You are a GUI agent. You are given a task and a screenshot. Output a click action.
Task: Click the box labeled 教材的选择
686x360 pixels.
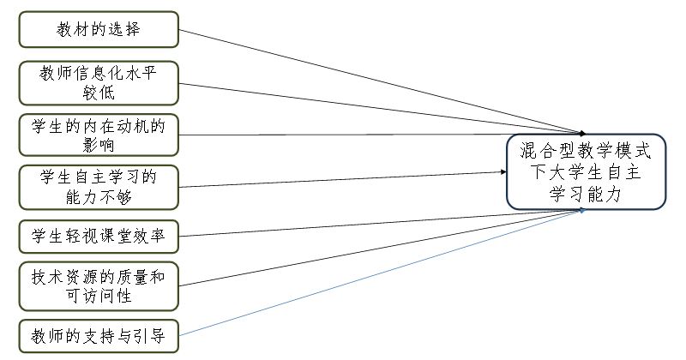[x=99, y=29]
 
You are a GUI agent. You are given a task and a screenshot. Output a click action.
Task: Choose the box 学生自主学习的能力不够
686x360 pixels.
[x=99, y=186]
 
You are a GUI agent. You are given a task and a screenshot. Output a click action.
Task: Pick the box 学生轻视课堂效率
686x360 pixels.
[x=99, y=234]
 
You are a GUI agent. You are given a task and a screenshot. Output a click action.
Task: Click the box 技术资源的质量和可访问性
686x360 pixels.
[x=99, y=285]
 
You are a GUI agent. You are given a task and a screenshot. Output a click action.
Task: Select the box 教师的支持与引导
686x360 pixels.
[x=99, y=335]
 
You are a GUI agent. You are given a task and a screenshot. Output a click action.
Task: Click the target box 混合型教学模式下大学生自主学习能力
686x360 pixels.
[x=586, y=171]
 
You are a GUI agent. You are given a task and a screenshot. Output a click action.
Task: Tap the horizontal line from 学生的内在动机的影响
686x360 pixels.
[x=343, y=135]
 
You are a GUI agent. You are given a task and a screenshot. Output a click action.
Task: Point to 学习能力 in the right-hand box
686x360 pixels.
[x=586, y=194]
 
